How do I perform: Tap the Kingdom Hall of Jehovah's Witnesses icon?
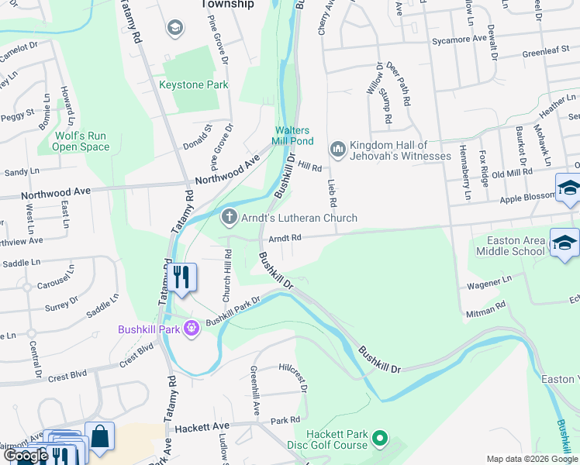(x=337, y=148)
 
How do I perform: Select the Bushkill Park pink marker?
(x=192, y=329)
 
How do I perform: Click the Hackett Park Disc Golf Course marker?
(x=380, y=440)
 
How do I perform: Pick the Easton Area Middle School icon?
(x=564, y=243)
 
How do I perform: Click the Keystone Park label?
(x=194, y=84)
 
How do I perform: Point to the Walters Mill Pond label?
(x=292, y=136)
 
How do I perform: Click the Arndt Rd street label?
(x=285, y=239)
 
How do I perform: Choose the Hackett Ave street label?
(x=202, y=427)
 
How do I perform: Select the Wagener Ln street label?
(x=489, y=283)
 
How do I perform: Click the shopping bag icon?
(x=100, y=436)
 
